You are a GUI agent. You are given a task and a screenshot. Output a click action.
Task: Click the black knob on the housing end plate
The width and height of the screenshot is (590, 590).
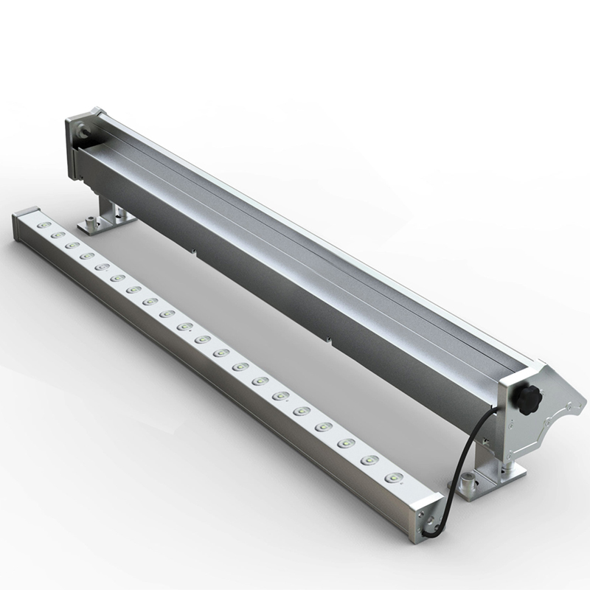coord(528,400)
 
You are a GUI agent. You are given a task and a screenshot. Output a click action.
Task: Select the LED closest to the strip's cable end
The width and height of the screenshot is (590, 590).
coord(395,478)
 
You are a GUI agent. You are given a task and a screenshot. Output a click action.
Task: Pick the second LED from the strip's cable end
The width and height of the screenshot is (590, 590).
coord(369,460)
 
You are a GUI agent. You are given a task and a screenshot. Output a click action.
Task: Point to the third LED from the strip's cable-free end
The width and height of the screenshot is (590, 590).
coord(72,245)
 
